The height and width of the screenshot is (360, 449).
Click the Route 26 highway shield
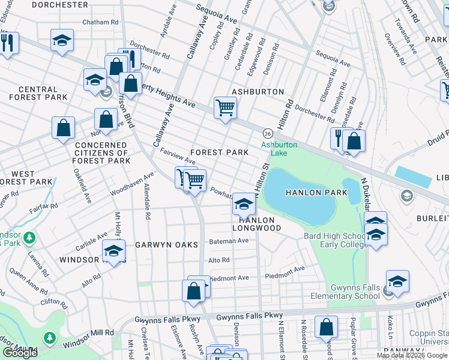click(268, 133)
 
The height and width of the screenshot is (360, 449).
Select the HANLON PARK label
click(316, 193)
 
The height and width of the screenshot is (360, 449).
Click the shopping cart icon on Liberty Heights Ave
click(225, 108)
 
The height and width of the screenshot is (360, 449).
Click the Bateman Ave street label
click(228, 241)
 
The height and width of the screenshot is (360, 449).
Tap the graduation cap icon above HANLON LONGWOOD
click(244, 204)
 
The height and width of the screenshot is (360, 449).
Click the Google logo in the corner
click(20, 352)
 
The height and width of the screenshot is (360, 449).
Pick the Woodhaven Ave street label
click(132, 184)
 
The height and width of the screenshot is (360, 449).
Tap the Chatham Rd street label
click(98, 22)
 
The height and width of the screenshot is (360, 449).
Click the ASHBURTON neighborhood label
click(258, 92)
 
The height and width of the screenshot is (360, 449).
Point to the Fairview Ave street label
click(178, 157)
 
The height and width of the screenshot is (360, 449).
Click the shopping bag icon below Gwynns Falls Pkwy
click(326, 328)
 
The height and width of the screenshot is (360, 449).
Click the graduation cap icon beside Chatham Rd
click(62, 40)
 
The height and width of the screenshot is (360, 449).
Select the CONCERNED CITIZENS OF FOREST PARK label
click(100, 153)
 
